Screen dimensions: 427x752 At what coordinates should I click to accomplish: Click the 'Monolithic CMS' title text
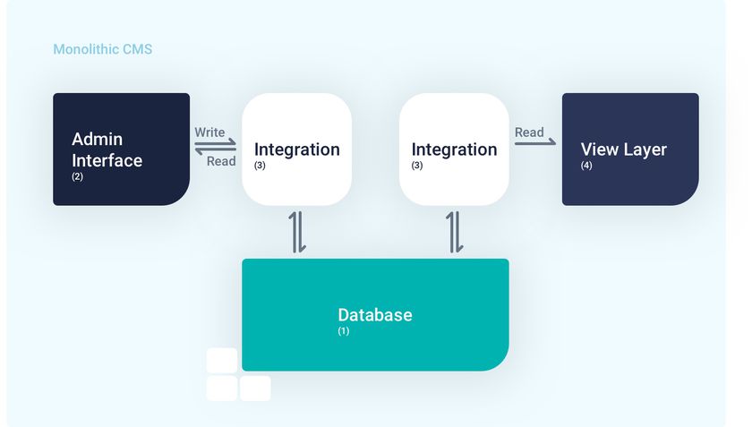pyautogui.click(x=102, y=49)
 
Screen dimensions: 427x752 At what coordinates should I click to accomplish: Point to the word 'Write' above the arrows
pyautogui.click(x=210, y=132)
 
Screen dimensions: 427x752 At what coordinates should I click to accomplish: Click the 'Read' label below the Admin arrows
pyautogui.click(x=221, y=161)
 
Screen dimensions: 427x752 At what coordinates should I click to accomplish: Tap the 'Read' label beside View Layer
pyautogui.click(x=529, y=132)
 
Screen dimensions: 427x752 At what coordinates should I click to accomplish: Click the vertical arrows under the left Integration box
pyautogui.click(x=297, y=232)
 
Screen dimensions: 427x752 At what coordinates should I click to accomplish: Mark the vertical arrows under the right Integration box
pyautogui.click(x=454, y=232)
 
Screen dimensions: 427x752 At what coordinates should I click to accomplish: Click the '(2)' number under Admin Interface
pyautogui.click(x=77, y=176)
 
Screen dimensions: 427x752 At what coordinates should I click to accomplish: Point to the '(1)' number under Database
pyautogui.click(x=343, y=331)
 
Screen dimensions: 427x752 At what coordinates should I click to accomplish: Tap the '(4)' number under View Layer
pyautogui.click(x=586, y=165)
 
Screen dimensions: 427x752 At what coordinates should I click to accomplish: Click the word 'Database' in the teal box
pyautogui.click(x=374, y=315)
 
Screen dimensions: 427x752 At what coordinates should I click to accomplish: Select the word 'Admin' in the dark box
pyautogui.click(x=97, y=140)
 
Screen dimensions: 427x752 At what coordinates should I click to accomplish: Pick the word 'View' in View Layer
pyautogui.click(x=599, y=149)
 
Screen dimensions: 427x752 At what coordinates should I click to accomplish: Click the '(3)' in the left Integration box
pyautogui.click(x=260, y=166)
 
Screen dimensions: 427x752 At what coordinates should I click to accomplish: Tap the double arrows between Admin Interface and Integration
pyautogui.click(x=216, y=147)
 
